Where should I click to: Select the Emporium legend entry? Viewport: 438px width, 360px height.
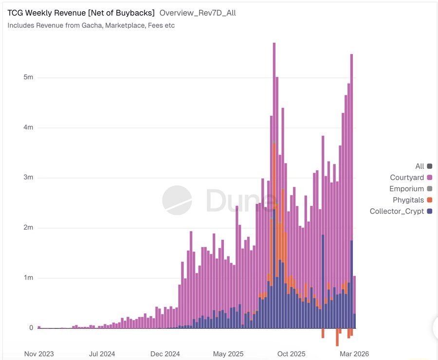tap(407, 189)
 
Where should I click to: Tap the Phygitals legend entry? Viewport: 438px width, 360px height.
tap(408, 200)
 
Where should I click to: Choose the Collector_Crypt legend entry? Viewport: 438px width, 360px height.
tap(397, 211)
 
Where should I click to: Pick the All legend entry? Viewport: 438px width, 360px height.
tap(420, 166)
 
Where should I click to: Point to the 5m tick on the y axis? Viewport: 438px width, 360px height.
tap(28, 77)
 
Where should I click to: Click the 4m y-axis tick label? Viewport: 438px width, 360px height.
tap(28, 127)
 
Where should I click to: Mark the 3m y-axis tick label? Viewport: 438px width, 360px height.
tap(28, 178)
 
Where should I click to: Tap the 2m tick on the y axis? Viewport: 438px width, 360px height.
tap(28, 228)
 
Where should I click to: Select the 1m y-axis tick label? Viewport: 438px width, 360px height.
tap(28, 278)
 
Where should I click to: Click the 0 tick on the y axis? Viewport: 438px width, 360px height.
tap(31, 328)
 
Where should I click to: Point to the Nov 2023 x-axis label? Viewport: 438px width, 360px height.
tap(39, 354)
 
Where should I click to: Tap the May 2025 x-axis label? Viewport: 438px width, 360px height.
tap(228, 354)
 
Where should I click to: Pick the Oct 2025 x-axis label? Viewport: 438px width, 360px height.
tap(291, 354)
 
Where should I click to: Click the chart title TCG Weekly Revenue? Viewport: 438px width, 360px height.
tap(81, 13)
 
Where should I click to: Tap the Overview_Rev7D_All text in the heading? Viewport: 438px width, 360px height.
tap(198, 13)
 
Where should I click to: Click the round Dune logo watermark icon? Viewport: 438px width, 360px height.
tap(177, 200)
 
